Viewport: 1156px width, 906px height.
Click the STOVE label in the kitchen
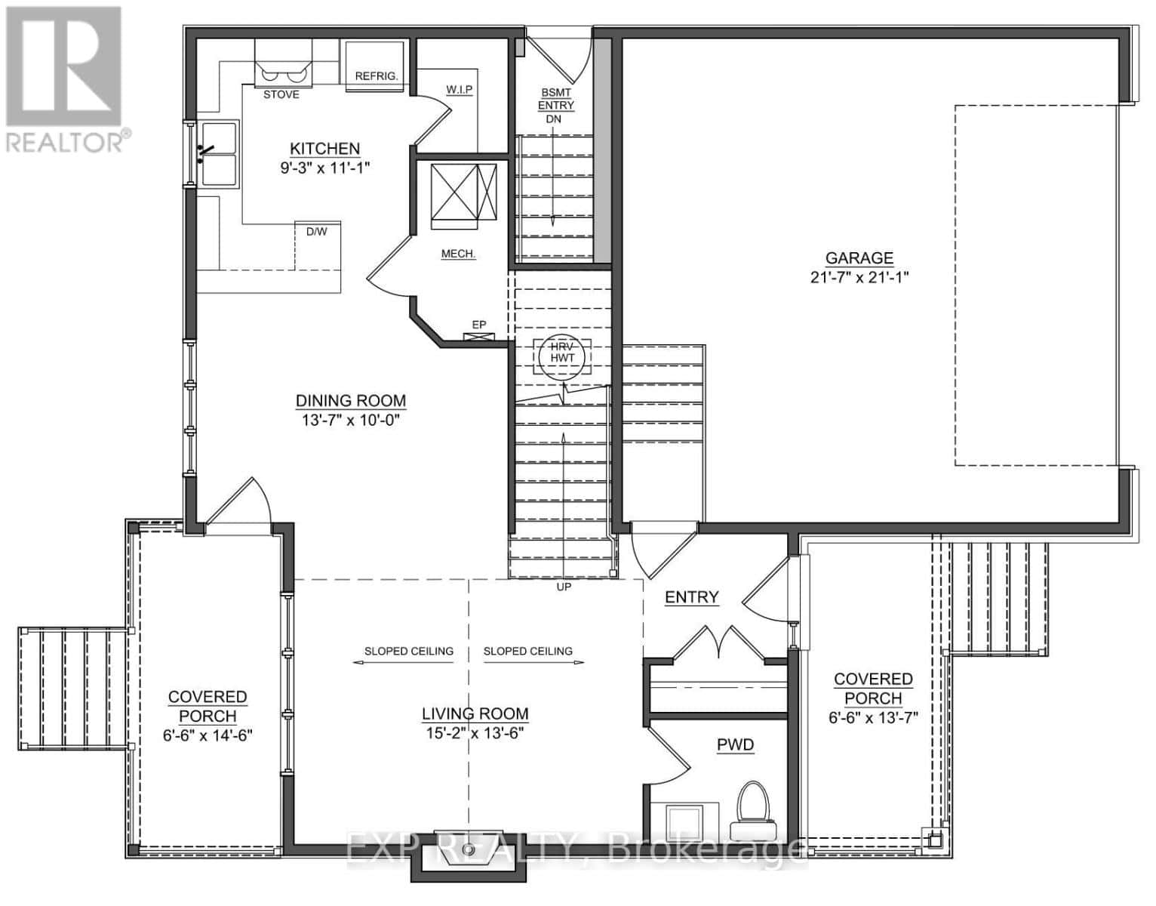[x=281, y=94]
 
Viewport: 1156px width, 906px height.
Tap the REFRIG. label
[x=376, y=76]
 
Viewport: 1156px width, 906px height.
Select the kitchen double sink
[x=217, y=153]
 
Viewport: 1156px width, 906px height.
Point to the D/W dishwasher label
[x=316, y=232]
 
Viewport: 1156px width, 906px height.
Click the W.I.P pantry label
[x=459, y=90]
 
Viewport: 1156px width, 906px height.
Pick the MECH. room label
[x=458, y=254]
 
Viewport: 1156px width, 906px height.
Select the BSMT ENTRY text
[x=556, y=99]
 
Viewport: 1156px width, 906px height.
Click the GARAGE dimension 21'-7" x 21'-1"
[x=859, y=277]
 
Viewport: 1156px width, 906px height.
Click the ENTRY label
[x=691, y=597]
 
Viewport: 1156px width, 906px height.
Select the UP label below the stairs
[x=564, y=587]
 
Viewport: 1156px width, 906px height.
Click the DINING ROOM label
[x=350, y=401]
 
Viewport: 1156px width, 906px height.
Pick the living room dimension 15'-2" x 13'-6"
[x=475, y=732]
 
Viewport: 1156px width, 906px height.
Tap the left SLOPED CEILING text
[x=408, y=651]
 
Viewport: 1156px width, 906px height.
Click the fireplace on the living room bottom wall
[x=468, y=856]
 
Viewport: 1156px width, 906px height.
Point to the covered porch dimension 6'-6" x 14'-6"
[x=207, y=735]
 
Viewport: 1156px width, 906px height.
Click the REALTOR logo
[x=64, y=75]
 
